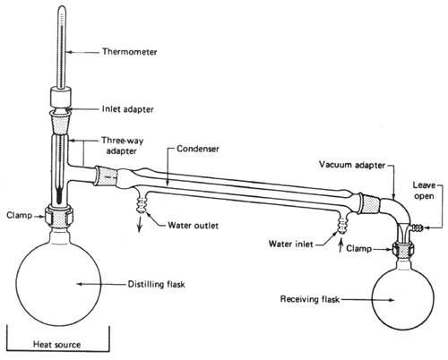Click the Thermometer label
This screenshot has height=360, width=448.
[129, 52]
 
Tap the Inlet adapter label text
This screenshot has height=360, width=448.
[127, 109]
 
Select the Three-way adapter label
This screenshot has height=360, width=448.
[122, 146]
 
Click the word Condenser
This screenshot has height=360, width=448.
[198, 149]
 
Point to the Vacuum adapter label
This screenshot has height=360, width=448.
[352, 165]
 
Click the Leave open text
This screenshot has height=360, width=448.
[424, 191]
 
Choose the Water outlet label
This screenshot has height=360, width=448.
[193, 225]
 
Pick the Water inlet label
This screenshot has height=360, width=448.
[290, 244]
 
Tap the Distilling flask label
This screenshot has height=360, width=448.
[156, 284]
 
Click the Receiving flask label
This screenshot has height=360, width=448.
[310, 299]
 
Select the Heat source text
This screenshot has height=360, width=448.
[56, 345]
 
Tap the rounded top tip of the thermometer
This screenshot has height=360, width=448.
[62, 7]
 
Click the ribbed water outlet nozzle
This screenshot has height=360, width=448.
[141, 203]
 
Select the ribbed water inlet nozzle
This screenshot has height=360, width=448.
[342, 226]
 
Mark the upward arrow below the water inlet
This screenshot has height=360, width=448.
[340, 246]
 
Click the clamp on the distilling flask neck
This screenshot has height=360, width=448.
[59, 215]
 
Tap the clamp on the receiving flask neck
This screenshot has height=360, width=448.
[403, 249]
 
